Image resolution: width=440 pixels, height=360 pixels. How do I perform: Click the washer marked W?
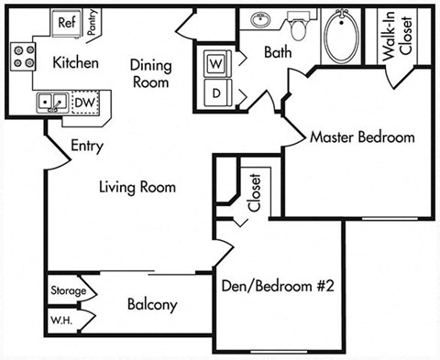pos(217,64)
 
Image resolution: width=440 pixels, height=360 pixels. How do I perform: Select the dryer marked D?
pos(217,92)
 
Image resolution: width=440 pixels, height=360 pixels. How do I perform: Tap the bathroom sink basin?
pos(259,18)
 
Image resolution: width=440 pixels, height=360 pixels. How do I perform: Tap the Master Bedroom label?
pos(361,137)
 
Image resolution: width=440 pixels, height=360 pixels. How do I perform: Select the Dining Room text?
pos(148,73)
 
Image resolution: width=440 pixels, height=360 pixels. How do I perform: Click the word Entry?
pos(87,146)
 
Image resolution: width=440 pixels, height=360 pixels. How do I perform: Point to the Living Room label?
pos(137,188)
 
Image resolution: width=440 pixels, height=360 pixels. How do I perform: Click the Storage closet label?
pos(68,291)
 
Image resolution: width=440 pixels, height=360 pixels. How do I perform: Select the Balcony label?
pos(152,305)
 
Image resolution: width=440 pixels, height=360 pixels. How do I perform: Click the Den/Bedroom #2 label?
pos(278,286)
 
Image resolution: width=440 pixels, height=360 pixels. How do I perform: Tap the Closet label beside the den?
pos(254,192)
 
